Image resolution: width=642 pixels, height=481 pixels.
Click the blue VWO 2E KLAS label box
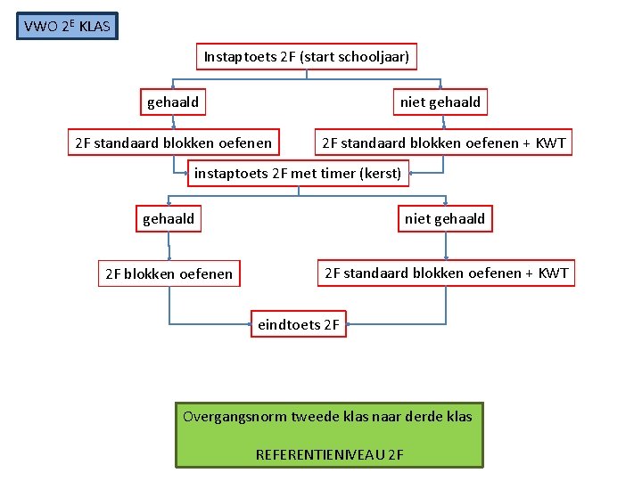click(67, 26)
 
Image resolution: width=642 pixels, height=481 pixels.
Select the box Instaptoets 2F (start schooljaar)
click(307, 57)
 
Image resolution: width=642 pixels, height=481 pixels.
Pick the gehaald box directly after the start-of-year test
click(173, 102)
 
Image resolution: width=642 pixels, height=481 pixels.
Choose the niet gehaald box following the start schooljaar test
click(440, 102)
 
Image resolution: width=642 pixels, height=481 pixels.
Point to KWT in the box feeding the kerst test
click(550, 143)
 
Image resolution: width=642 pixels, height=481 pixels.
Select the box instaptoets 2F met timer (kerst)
click(298, 173)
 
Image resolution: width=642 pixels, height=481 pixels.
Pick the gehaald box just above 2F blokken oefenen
click(169, 218)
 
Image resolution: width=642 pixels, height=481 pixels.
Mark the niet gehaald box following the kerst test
click(445, 218)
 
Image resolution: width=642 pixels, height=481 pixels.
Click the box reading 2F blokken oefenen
click(169, 273)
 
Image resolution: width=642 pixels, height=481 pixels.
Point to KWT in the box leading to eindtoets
click(553, 273)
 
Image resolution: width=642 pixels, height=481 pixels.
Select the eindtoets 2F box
click(299, 324)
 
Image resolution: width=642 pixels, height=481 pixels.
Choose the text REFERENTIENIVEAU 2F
click(330, 454)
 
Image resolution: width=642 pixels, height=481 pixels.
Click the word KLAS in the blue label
click(95, 27)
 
